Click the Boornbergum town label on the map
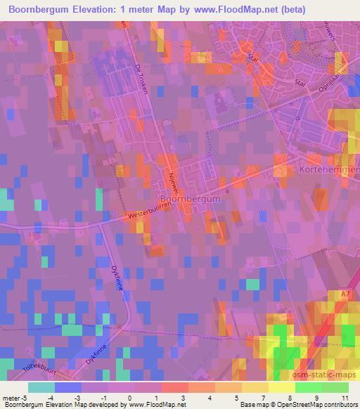coord(190,199)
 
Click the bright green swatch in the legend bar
coord(309,387)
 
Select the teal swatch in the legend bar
coord(41,387)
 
